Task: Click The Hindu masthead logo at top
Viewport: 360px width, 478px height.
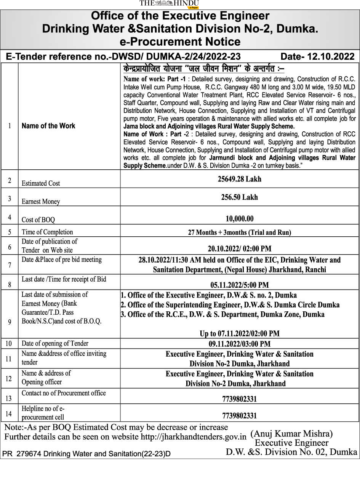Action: (169, 4)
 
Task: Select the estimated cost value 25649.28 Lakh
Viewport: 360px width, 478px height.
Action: (239, 179)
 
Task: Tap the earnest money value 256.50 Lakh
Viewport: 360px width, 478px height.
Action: (239, 197)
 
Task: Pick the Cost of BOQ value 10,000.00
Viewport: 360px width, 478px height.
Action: (239, 218)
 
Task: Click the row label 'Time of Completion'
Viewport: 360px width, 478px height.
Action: (47, 232)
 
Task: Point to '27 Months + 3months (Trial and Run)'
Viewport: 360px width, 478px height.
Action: (239, 232)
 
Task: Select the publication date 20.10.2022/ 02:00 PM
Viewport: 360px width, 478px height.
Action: (239, 249)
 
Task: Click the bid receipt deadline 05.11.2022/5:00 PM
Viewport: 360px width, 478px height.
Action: (239, 285)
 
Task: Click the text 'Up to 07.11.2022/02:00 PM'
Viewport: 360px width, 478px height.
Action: (239, 333)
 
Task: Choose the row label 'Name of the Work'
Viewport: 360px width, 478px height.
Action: (48, 126)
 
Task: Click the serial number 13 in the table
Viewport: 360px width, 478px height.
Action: (9, 398)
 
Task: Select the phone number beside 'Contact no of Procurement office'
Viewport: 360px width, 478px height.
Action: (239, 399)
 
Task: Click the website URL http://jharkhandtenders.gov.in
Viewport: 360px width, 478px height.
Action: (194, 437)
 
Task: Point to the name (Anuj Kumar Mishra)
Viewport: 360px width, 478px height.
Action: (291, 433)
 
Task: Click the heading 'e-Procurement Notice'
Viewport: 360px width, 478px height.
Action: (179, 41)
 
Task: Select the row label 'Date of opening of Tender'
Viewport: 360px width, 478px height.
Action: (55, 343)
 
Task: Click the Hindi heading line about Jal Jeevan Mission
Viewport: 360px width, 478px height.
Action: (204, 69)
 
